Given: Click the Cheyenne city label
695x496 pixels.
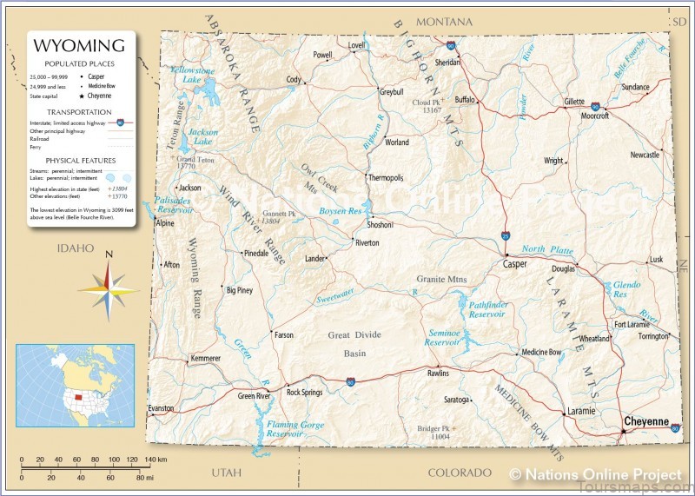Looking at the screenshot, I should point(646,421).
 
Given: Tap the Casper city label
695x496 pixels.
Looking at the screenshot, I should point(514,264).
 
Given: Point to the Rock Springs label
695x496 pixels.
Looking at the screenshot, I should point(304,392).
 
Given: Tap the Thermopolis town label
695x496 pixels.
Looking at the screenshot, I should point(386,177).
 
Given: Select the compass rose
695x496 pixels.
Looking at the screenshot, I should point(108,286).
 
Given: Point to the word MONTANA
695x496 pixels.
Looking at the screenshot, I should point(444,21).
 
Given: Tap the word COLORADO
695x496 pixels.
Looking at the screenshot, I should point(460,473).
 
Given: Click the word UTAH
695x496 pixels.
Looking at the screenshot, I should point(227,472).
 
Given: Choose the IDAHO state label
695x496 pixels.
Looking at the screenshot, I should point(75,248).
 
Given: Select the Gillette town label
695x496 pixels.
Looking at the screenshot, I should point(574,102).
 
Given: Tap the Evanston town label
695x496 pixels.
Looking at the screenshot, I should point(161,408).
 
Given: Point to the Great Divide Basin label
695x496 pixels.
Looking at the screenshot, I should point(355,344).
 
